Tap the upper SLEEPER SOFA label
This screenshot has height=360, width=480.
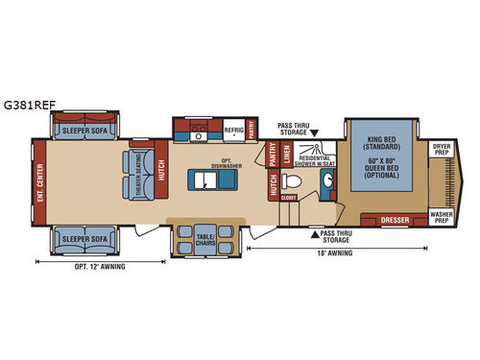[x=83, y=126]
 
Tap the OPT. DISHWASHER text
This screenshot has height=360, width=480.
[x=227, y=162]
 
